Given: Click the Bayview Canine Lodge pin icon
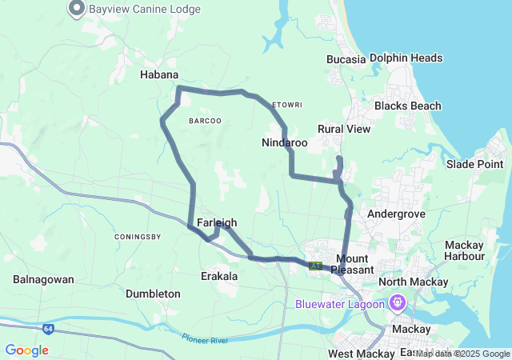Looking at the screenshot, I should coord(77,9).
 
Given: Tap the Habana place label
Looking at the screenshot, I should coord(159,74).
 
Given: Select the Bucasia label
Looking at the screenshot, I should coord(346,59).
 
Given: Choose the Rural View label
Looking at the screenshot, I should coord(344,129).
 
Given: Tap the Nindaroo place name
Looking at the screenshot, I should coord(284,142).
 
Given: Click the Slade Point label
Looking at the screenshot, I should coord(474,164).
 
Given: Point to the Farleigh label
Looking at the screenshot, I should coord(216,222).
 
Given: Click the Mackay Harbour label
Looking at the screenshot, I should coord(464,250).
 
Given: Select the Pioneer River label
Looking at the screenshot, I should coord(204,340).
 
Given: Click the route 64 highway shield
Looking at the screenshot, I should coord(49,328).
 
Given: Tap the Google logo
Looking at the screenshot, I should coord(26,350).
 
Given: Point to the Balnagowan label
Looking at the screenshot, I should coord(43,280).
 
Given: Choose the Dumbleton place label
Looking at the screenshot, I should coord(153,294).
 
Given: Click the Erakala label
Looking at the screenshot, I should coord(218,276).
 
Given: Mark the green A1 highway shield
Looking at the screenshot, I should coord(316,266).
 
